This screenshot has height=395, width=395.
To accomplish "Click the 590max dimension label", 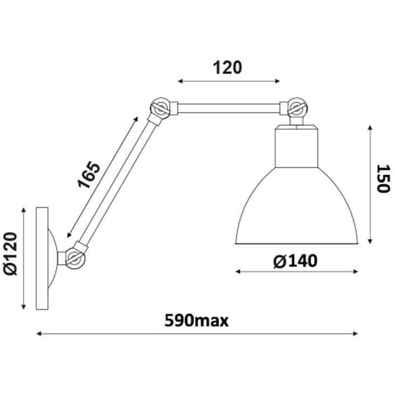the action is pyautogui.click(x=196, y=321).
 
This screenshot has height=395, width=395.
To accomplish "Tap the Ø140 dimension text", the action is pyautogui.click(x=296, y=261).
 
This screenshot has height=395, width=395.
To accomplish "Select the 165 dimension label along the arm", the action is pyautogui.click(x=89, y=175).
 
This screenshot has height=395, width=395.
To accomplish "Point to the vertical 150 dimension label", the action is pyautogui.click(x=383, y=178).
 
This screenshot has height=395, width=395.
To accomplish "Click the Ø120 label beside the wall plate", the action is pyautogui.click(x=11, y=253).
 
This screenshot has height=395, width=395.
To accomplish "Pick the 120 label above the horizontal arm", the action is pyautogui.click(x=227, y=68).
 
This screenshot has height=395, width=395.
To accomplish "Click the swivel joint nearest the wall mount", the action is pyautogui.click(x=75, y=257).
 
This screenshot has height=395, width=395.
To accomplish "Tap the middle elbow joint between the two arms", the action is pyautogui.click(x=160, y=109).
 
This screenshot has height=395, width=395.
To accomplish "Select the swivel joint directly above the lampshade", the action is pyautogui.click(x=298, y=108).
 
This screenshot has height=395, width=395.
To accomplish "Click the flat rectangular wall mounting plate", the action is pyautogui.click(x=42, y=258).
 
